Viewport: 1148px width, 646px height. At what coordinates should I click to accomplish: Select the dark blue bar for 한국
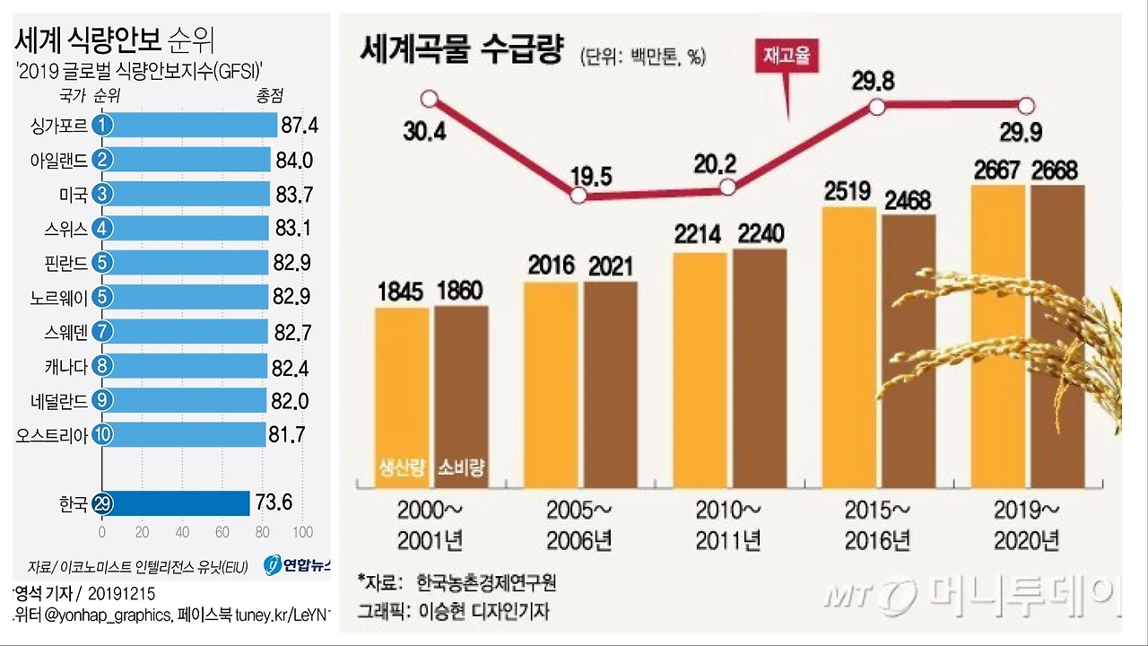pos(179,503)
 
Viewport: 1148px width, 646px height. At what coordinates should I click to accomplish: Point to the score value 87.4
pos(299,125)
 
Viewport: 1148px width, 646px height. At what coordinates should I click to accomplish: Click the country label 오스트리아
pos(52,435)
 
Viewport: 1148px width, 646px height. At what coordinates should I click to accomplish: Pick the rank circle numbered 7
pos(102,332)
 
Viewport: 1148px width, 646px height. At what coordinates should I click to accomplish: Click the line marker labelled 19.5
pos(578,196)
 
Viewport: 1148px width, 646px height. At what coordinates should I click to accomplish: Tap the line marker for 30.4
pos(430,98)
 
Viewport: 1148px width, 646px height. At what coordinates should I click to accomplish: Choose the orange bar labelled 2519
pos(848,350)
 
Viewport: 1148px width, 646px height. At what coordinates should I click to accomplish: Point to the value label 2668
pos(1055,170)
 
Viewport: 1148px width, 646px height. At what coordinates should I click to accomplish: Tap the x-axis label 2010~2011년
pos(727,525)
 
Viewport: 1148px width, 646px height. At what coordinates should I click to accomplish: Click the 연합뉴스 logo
pos(299,565)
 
